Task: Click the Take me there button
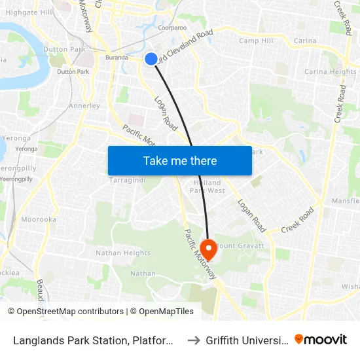[x=180, y=160]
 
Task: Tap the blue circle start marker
[x=151, y=59]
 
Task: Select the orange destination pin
[x=209, y=249]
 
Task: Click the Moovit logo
[x=321, y=339]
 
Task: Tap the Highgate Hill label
[x=29, y=12]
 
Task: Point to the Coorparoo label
[x=173, y=28]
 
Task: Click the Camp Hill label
[x=256, y=41]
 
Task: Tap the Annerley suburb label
[x=84, y=105]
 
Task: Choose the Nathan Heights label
[x=123, y=253]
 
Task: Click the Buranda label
[x=117, y=58]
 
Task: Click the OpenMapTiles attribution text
[x=162, y=312]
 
